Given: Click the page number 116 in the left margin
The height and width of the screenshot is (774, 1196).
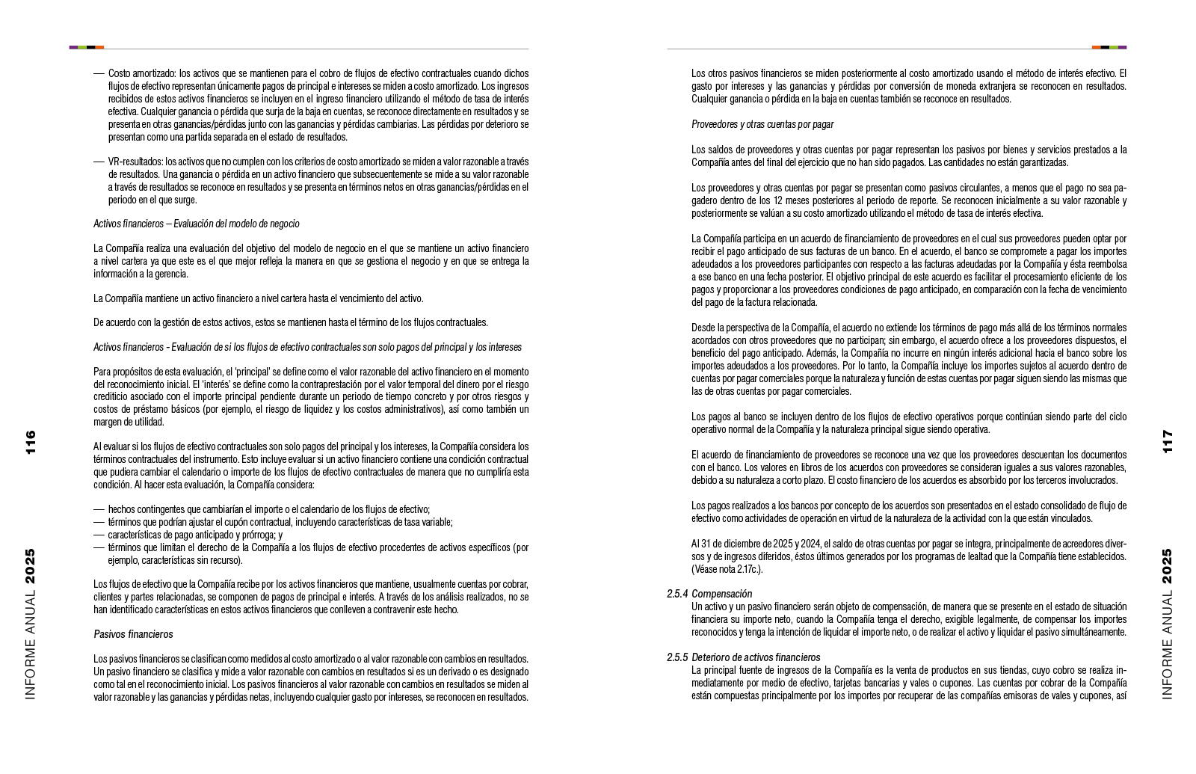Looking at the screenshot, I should pos(30,443).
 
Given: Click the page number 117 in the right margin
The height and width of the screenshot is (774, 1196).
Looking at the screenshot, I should pos(1167,441).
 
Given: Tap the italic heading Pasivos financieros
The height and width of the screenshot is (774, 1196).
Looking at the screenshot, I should pos(133,634).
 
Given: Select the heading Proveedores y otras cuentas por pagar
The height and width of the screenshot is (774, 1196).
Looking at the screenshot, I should pos(762,124).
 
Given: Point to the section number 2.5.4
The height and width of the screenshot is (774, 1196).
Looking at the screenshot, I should pos(676,594).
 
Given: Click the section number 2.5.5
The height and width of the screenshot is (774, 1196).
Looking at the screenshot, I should pos(676,657).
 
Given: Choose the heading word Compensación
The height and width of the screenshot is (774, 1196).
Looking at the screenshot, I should pos(721,594).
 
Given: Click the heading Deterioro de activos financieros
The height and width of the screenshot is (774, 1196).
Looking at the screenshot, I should pos(756,657).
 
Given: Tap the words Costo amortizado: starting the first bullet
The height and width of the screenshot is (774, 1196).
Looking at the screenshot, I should pos(143,73).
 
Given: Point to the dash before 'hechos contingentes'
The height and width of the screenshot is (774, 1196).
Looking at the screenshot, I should pos(99,509).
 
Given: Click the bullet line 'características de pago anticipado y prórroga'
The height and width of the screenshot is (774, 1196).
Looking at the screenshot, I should pos(195,535).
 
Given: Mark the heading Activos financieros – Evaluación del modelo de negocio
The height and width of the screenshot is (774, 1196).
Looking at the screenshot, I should pos(197,224).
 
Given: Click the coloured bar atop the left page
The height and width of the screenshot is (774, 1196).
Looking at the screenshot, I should pos(86,47).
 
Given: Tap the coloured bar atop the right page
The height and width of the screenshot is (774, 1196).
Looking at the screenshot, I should pos(1109,47).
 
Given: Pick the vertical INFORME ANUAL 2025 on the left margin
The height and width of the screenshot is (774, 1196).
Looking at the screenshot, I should pos(30,624).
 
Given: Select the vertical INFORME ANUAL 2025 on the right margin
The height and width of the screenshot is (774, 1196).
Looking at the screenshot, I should pos(1167,624).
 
